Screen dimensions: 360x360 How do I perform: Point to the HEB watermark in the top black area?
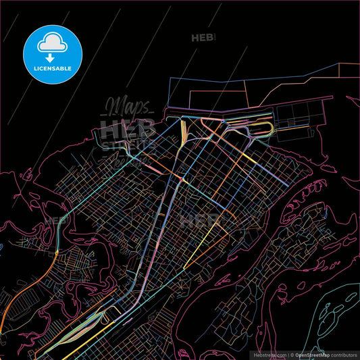[x=203, y=38]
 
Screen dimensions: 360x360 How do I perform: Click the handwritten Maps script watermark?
[x=127, y=106]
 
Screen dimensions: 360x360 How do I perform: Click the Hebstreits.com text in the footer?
[x=269, y=354]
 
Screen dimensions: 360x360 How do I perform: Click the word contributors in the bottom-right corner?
[x=342, y=354]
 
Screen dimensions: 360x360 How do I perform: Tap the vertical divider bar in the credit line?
[x=288, y=354]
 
